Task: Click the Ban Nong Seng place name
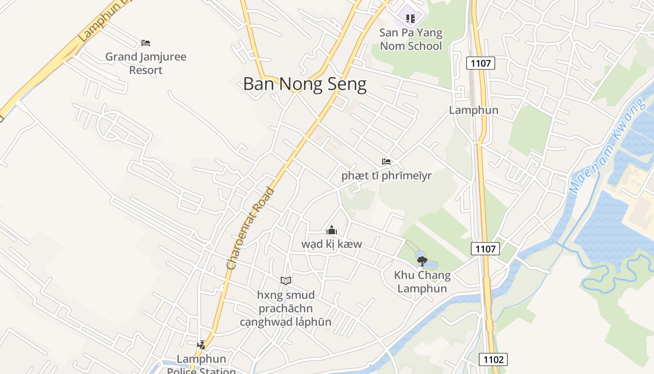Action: (305, 84)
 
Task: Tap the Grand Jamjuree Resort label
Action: (146, 64)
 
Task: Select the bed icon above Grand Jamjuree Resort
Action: (146, 43)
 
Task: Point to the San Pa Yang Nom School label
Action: (411, 39)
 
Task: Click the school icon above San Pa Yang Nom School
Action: (411, 19)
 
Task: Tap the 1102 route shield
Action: (493, 359)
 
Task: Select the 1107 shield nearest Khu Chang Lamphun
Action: (485, 249)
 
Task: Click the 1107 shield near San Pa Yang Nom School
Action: (480, 63)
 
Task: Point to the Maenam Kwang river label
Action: (609, 146)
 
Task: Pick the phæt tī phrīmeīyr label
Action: (386, 176)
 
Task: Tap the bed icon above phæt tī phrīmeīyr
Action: (386, 162)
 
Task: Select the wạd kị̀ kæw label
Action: (332, 244)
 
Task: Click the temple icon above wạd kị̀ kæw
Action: (332, 230)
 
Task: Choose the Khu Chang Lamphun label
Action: (422, 282)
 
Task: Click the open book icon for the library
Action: (286, 280)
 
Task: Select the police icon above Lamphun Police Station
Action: (201, 345)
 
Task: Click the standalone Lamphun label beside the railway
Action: (474, 110)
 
